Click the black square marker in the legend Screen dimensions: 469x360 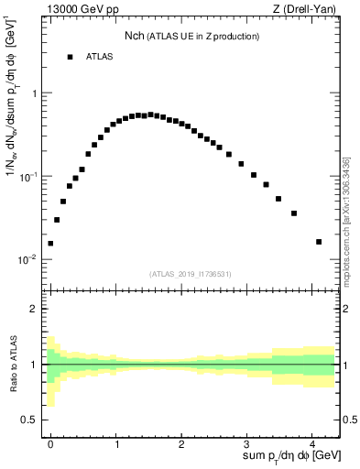click(70, 57)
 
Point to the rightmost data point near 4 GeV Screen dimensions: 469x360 click(319, 242)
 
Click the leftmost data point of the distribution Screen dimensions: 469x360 click(50, 244)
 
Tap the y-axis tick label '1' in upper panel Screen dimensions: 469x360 click(34, 93)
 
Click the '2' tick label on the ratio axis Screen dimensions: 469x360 click(34, 309)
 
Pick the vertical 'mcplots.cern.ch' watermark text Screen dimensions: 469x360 click(346, 220)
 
